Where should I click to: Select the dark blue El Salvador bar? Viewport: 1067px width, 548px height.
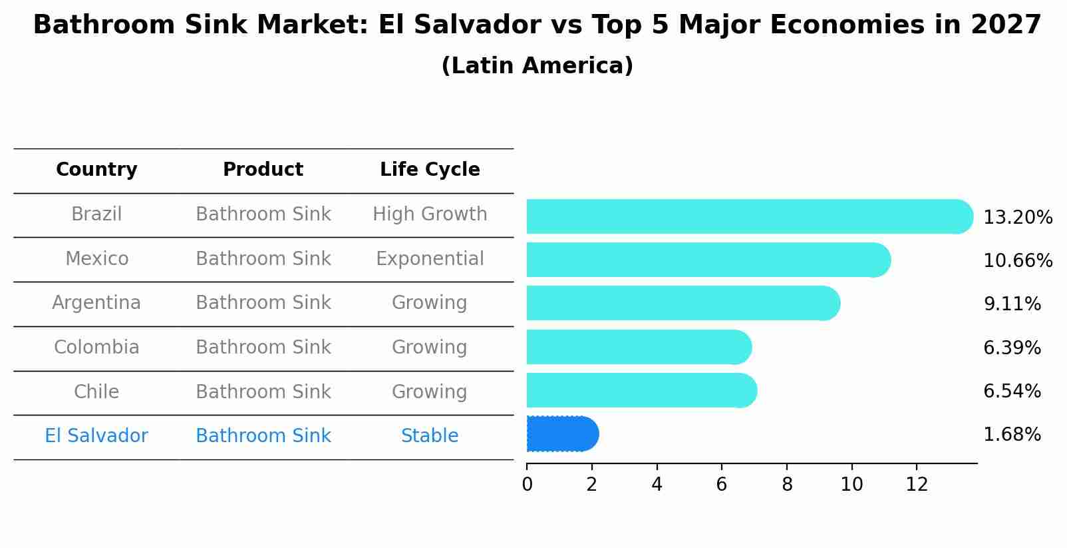pos(562,434)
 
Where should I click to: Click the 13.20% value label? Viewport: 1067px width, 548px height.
pos(1017,218)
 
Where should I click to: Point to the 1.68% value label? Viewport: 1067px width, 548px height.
pos(1012,435)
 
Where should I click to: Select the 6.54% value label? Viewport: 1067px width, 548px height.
pos(1012,392)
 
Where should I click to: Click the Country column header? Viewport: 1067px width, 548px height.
pos(96,170)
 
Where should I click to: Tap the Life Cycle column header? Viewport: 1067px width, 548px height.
pos(430,170)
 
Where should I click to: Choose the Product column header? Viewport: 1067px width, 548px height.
pos(263,170)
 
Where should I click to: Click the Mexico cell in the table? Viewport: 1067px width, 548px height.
pos(96,259)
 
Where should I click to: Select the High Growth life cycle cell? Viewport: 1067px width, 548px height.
pos(430,214)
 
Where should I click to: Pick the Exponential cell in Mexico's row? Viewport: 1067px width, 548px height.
pos(430,259)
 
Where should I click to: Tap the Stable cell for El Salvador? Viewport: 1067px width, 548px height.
pos(430,436)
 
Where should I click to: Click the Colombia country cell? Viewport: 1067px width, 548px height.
pos(96,348)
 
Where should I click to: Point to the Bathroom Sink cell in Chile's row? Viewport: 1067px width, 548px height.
pos(263,392)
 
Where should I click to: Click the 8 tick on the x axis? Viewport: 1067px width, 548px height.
pos(787,485)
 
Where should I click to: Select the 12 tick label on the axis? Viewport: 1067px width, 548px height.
pos(917,485)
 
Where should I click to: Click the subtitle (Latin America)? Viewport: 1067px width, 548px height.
pos(537,66)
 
